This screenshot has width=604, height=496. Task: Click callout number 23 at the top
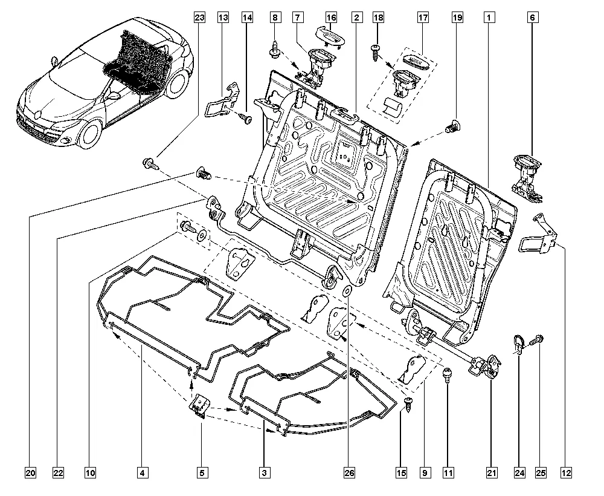(x=200, y=18)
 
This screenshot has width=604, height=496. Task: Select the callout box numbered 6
(x=532, y=18)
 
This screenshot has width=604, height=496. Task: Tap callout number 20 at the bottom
(x=31, y=472)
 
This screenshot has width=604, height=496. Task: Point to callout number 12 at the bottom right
(x=566, y=472)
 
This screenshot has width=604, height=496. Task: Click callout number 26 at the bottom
(x=349, y=472)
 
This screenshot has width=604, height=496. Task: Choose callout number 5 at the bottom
(x=201, y=472)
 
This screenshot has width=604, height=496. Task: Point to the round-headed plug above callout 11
(x=448, y=374)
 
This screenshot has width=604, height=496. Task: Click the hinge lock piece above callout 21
(x=488, y=364)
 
